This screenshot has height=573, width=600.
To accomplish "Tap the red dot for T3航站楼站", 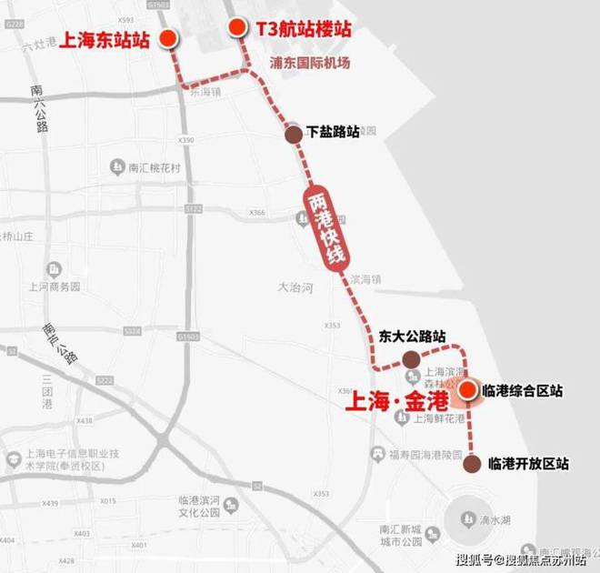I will (x=236, y=28).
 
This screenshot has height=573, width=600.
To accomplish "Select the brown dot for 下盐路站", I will (x=293, y=135).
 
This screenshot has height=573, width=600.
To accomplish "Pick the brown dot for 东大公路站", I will (x=411, y=357).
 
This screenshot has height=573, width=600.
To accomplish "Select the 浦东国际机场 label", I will (x=310, y=64).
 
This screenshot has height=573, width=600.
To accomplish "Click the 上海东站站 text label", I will (x=104, y=39).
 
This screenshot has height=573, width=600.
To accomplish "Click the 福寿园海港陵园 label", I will (x=434, y=455).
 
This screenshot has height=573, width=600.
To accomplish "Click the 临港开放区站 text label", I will (x=528, y=464).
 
